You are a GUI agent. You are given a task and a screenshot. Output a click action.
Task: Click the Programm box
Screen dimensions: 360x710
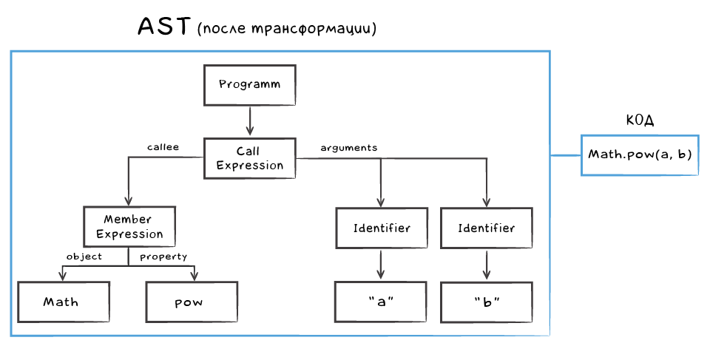coord(249,84)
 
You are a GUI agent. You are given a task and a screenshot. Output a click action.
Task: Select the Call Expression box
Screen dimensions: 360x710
coord(249,158)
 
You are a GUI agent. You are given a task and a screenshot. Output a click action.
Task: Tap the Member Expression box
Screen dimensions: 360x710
coord(129,227)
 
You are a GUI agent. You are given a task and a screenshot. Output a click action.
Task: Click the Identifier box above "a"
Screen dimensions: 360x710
coord(381,228)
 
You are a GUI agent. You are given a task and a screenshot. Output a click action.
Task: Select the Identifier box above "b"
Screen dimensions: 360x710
coord(486,228)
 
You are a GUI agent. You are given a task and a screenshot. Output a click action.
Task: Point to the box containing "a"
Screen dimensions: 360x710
coord(381,302)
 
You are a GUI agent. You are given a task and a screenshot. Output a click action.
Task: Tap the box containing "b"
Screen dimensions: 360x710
coord(486,302)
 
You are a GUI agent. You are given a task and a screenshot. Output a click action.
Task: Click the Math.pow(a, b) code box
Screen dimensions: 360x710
coord(639,155)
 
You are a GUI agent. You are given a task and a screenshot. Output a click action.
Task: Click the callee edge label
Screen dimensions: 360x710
coord(163,147)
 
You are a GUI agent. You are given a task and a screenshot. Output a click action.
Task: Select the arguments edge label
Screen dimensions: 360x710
coord(348,147)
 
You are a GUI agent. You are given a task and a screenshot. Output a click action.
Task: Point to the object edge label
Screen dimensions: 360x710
coord(84,257)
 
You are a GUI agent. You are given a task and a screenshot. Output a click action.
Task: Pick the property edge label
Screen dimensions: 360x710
coord(163,257)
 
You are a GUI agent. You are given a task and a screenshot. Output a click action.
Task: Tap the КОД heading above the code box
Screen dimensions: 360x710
coord(640,120)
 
